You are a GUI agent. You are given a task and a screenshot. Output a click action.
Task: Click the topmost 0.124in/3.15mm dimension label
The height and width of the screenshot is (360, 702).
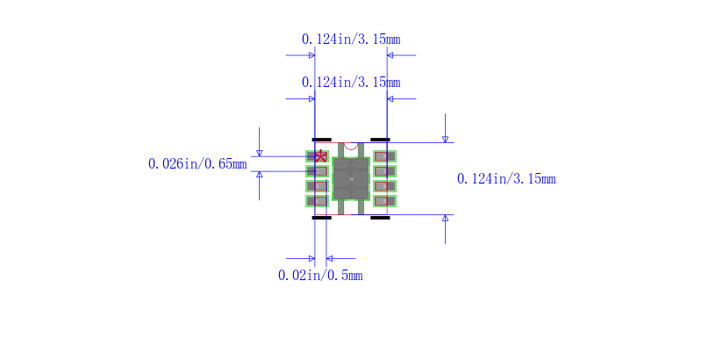(351, 40)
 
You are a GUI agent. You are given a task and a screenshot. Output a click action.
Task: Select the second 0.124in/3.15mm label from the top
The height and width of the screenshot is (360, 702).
(351, 83)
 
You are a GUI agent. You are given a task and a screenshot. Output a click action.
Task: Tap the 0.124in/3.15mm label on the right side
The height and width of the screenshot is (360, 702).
(506, 179)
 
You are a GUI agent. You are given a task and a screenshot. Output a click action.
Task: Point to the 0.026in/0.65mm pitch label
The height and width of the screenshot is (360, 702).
(197, 164)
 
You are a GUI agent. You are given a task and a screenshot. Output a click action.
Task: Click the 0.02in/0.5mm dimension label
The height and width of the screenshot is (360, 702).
(320, 276)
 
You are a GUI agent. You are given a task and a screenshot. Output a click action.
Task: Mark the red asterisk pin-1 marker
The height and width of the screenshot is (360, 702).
(320, 156)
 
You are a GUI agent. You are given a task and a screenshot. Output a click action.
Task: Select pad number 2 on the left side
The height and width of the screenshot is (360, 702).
(316, 171)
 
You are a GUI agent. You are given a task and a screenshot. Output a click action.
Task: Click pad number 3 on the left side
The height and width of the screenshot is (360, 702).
(316, 186)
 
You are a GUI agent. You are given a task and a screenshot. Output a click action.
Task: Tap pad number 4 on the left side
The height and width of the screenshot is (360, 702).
(316, 201)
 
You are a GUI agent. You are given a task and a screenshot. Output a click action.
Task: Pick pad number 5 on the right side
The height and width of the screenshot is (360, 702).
(385, 201)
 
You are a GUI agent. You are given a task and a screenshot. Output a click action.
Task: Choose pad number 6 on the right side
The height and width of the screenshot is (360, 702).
(385, 186)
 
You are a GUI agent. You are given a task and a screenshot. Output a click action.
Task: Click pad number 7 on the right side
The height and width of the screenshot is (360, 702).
(385, 171)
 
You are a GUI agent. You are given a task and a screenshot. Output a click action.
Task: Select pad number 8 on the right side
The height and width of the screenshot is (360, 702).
(385, 156)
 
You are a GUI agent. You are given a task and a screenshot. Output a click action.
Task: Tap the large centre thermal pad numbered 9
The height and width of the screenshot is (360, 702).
(350, 179)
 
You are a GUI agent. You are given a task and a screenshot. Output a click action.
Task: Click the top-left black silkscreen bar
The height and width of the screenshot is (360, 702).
(322, 140)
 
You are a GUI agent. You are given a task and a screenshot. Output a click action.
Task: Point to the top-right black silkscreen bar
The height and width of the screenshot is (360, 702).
(380, 140)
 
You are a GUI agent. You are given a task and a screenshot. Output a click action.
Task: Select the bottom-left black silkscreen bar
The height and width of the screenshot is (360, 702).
(322, 217)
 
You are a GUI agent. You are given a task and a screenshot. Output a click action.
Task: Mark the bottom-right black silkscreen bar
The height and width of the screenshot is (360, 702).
(380, 217)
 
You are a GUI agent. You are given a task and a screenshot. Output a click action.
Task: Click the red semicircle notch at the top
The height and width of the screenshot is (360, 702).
(351, 145)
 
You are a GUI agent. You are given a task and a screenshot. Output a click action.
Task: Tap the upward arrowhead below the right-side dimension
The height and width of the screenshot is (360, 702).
(445, 219)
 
